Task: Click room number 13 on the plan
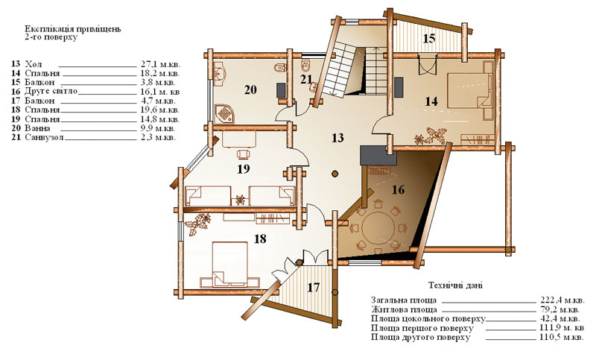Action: coord(337,138)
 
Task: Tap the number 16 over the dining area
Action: coord(398,189)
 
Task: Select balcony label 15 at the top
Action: coord(429,39)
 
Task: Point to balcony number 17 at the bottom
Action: coord(313,288)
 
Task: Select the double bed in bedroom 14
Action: coord(469,90)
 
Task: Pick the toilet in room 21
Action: coord(306,66)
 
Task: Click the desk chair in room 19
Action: coord(244,154)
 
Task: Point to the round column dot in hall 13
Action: coord(335,174)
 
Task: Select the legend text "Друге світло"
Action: coord(51,91)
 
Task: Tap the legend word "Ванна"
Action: coord(37,128)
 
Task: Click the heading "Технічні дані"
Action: coord(455,285)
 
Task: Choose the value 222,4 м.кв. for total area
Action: coord(562,300)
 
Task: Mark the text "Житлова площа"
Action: coord(404,309)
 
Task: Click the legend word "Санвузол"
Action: coord(45,138)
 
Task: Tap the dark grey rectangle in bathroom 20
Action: coord(281,90)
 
